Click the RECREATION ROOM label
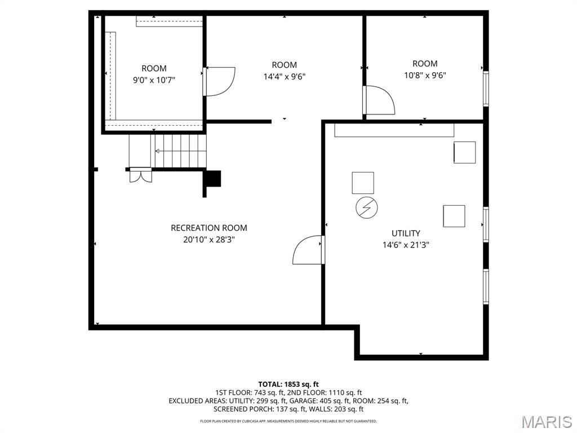click(208, 228)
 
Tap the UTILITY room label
click(406, 233)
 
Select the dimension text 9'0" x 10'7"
click(154, 80)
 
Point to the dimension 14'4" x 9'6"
click(284, 76)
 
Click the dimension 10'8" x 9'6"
click(425, 75)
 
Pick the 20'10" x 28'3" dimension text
click(208, 239)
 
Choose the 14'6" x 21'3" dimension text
click(406, 245)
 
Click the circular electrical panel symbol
click(366, 207)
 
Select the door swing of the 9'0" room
click(220, 81)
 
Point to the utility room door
click(308, 251)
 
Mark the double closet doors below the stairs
click(140, 176)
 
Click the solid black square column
click(214, 178)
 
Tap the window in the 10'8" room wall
click(485, 89)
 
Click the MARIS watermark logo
click(546, 421)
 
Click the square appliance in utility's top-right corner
click(465, 152)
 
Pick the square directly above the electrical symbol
click(363, 183)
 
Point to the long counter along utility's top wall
click(394, 130)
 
